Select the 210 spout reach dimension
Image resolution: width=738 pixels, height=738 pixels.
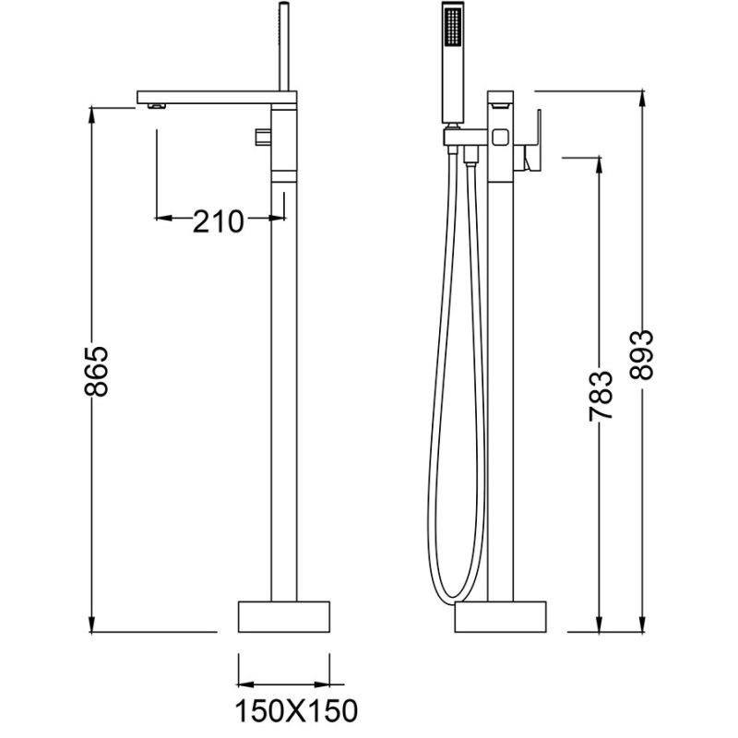pos(218,220)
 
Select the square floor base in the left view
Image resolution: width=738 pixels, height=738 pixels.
pos(284,615)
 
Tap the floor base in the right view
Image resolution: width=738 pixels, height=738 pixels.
pos(502,616)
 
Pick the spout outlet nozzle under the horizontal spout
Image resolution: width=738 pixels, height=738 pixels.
pos(156,107)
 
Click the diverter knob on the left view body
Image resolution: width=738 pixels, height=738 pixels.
pos(261,137)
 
